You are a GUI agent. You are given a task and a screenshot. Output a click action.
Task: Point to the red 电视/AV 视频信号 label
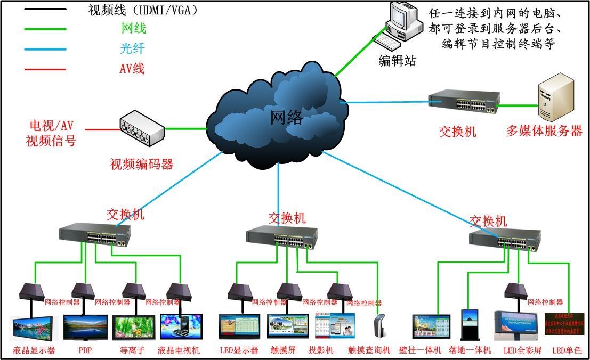tap(51, 134)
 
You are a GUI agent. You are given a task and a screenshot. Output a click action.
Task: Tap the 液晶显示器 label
tap(34, 350)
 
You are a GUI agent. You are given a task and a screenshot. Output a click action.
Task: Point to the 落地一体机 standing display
tap(470, 324)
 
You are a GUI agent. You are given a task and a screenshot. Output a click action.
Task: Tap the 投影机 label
tap(321, 350)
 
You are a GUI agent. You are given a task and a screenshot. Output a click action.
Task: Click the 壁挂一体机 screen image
tap(431, 326)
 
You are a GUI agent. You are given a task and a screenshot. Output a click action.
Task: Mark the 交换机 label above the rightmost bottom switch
tap(488, 220)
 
